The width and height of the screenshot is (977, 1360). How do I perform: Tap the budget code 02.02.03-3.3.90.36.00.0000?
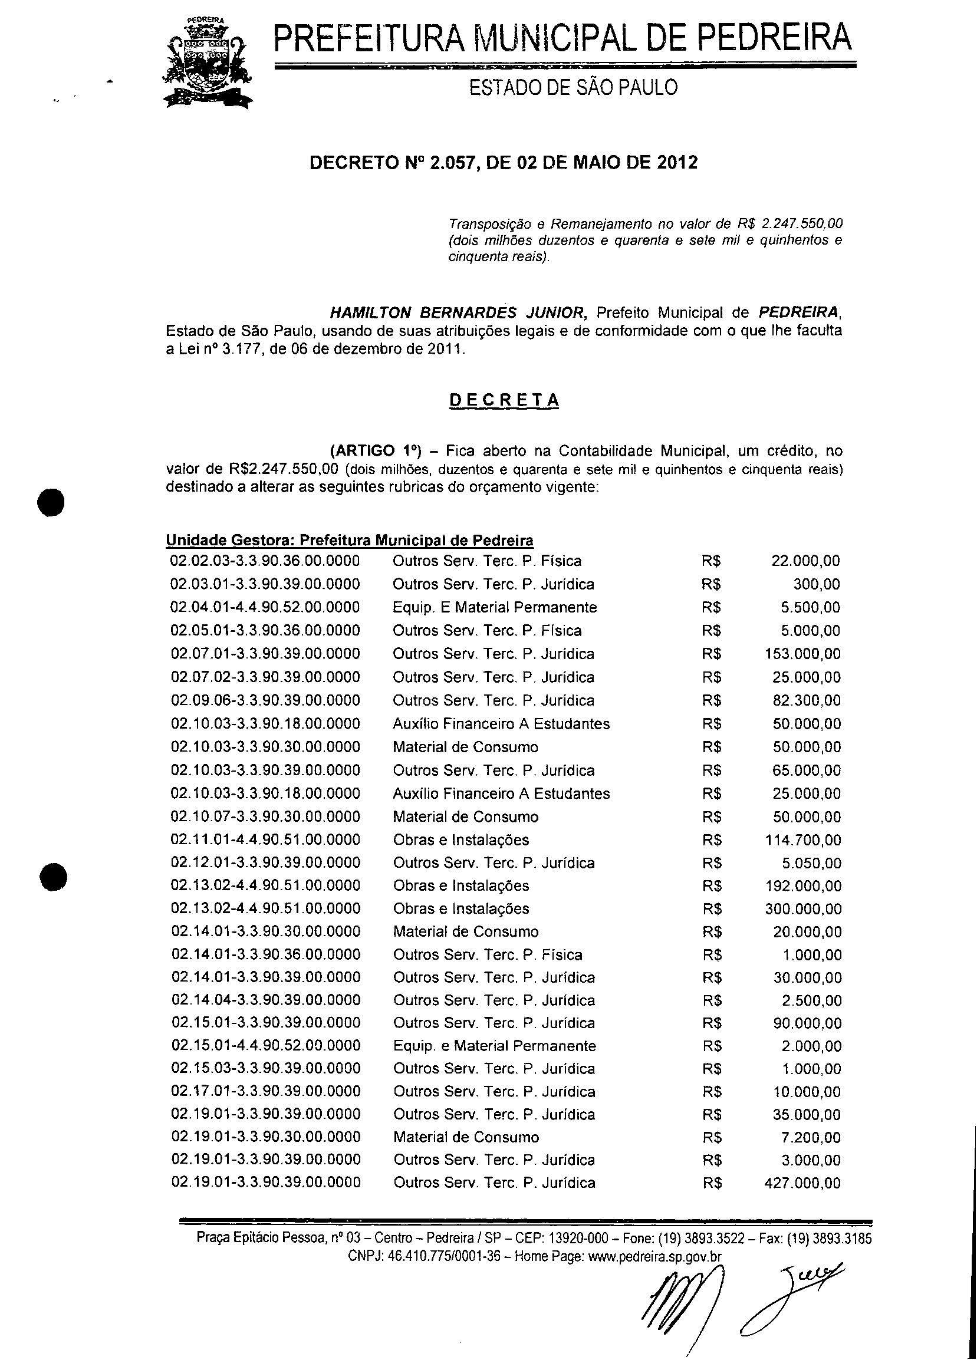pos(265,561)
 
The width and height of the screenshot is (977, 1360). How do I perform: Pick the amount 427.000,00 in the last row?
pos(803,1183)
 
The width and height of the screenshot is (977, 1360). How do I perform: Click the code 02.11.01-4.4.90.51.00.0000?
pos(266,840)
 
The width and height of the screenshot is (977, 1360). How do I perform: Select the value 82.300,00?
pos(807,700)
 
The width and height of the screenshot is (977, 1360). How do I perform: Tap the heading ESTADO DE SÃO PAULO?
pos(573,88)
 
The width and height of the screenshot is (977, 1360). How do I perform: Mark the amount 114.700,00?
pos(803,840)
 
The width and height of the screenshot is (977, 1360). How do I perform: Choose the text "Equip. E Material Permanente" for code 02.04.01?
pos(495,607)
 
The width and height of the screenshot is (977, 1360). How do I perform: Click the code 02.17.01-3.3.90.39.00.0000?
pos(266,1092)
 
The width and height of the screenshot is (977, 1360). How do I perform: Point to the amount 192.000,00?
pos(803,886)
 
